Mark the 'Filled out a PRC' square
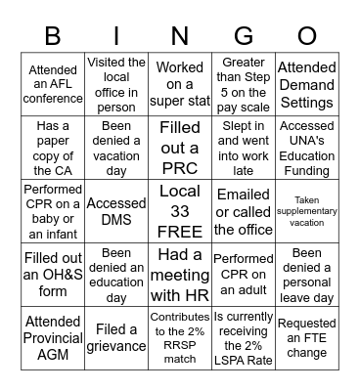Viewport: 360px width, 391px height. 180,146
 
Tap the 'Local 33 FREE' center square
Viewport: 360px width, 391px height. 180,207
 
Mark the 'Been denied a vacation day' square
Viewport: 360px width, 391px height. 116,146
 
